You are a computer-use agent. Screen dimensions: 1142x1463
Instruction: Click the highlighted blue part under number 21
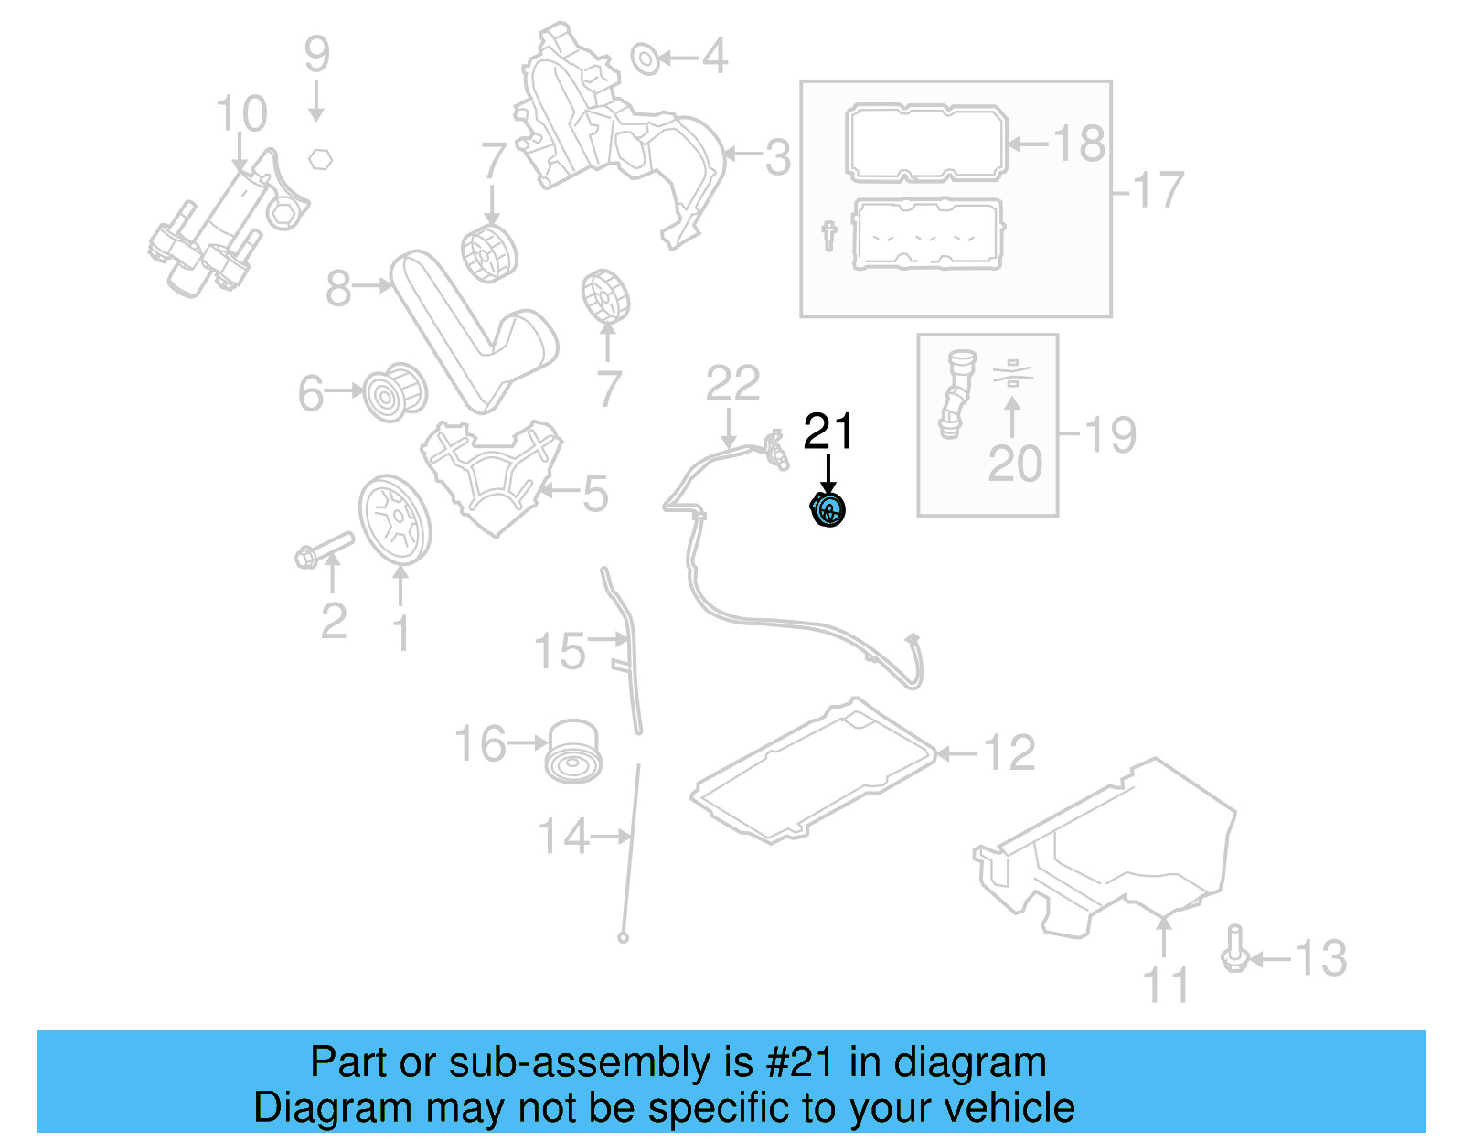828,510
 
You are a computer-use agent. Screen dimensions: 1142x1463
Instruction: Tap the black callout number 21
828,432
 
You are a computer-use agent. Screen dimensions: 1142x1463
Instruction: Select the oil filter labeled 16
573,751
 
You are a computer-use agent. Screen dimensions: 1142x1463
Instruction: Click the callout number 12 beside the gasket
1009,753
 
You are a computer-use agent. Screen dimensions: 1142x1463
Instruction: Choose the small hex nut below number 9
319,158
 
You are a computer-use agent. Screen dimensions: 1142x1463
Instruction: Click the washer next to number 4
646,59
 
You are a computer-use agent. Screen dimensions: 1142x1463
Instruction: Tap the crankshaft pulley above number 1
394,521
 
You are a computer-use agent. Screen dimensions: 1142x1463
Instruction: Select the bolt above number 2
325,548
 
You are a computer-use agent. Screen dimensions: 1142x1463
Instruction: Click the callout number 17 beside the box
1158,190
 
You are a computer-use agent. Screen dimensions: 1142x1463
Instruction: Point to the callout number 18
1079,144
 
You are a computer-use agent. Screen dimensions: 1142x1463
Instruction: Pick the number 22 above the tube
732,384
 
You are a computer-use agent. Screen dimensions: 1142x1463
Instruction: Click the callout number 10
241,115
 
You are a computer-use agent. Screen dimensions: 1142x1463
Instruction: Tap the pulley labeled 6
395,393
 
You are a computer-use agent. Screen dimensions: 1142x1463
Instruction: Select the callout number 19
1110,434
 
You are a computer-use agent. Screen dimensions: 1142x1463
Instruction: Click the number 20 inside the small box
1015,464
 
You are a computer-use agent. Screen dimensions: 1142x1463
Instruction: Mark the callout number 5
595,494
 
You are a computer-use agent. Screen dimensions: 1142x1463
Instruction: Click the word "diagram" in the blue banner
969,1062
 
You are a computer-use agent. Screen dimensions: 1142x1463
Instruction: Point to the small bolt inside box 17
828,235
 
